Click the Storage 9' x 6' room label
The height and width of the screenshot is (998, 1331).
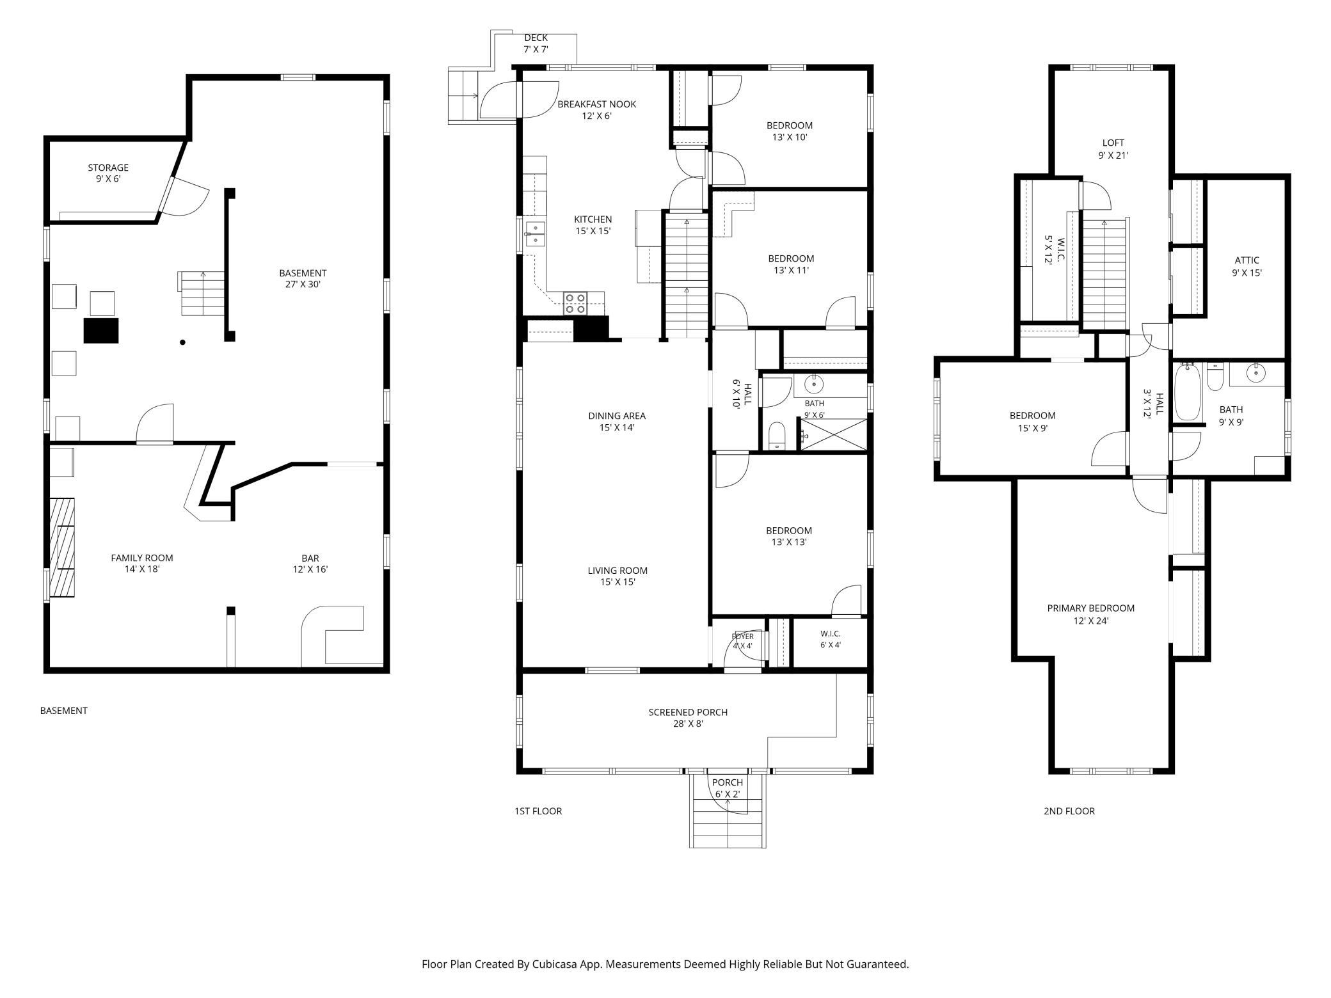pyautogui.click(x=108, y=173)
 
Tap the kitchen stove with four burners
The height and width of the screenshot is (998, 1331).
pyautogui.click(x=576, y=303)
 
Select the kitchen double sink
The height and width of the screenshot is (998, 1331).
pyautogui.click(x=534, y=234)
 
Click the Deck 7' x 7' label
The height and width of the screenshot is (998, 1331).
pyautogui.click(x=536, y=44)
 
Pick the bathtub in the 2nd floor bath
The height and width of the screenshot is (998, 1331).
pyautogui.click(x=1188, y=392)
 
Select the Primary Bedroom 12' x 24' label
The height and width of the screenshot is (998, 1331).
pyautogui.click(x=1090, y=614)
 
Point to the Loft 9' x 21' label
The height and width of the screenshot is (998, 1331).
pyautogui.click(x=1113, y=149)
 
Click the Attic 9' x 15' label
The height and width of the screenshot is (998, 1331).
pyautogui.click(x=1247, y=266)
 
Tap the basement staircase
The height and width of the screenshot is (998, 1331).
pyautogui.click(x=202, y=294)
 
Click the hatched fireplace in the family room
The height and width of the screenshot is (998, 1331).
pyautogui.click(x=63, y=548)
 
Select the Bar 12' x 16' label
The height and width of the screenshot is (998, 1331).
pyautogui.click(x=310, y=564)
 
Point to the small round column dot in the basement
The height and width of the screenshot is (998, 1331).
pyautogui.click(x=182, y=343)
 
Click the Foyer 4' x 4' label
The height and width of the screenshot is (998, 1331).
pyautogui.click(x=743, y=641)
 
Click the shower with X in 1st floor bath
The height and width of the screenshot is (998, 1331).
pyautogui.click(x=833, y=434)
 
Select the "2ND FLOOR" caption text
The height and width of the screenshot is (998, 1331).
pyautogui.click(x=1069, y=811)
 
